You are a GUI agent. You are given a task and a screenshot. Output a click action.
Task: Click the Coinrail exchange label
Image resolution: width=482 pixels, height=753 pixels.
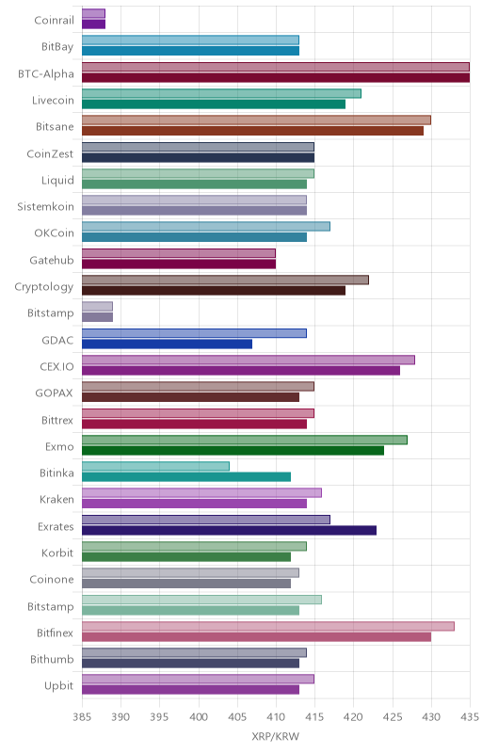click(55, 20)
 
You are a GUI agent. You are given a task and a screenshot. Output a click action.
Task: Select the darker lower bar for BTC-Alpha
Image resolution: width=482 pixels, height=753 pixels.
click(276, 78)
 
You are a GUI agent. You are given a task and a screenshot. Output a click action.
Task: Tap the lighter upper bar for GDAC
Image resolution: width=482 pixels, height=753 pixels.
click(194, 333)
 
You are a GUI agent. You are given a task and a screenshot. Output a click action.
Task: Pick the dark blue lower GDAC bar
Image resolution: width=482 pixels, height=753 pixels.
click(167, 344)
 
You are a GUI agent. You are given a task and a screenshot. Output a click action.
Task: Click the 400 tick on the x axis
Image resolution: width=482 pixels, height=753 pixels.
click(199, 717)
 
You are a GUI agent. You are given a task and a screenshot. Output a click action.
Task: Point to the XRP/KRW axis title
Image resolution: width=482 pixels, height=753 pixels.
click(276, 737)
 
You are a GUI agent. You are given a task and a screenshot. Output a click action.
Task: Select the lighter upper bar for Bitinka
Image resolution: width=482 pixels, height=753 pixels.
click(155, 466)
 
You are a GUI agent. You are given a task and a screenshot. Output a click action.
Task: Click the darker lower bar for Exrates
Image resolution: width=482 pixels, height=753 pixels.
click(229, 530)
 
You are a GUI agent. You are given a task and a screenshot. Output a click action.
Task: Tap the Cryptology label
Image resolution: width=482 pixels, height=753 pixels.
click(44, 287)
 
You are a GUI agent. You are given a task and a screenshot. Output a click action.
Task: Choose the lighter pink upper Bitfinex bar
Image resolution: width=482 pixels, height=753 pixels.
click(268, 626)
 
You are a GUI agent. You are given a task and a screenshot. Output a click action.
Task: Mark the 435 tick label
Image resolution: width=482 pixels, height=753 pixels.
click(470, 717)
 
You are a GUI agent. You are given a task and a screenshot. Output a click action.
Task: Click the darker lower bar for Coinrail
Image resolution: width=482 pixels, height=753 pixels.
click(93, 24)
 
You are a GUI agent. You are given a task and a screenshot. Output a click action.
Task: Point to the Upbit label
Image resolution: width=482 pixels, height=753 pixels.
click(59, 686)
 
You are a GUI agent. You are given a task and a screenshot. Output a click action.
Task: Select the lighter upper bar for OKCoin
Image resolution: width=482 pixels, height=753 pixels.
click(206, 227)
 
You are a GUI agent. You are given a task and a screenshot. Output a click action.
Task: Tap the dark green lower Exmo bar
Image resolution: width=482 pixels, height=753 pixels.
click(233, 451)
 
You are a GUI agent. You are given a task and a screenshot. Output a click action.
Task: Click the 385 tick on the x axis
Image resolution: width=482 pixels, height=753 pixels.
click(82, 717)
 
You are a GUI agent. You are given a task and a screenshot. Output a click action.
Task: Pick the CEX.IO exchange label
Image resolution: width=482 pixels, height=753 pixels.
click(57, 367)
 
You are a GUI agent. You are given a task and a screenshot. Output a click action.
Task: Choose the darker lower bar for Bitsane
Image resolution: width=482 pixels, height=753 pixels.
click(252, 131)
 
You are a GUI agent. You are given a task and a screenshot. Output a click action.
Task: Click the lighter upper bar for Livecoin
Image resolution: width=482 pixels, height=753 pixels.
click(221, 93)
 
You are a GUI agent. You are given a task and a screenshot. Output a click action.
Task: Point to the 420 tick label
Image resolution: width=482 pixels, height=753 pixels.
click(353, 717)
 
